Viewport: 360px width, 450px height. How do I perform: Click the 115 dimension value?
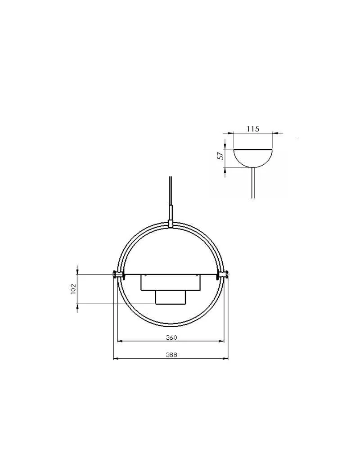coord(253,129)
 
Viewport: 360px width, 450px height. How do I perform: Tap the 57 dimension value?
coord(220,156)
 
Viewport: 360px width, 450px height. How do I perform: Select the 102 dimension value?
coord(73,289)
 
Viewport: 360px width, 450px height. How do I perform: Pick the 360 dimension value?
coord(171,337)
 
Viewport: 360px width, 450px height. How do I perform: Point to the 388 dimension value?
coord(171,355)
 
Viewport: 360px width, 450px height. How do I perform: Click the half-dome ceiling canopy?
coord(253,157)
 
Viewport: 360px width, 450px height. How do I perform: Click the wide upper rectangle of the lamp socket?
coord(171,282)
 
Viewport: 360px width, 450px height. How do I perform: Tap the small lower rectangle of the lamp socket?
coord(171,297)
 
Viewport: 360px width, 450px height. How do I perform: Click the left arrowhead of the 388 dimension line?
coord(115,358)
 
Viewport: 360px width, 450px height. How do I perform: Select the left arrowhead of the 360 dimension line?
coord(119,341)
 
